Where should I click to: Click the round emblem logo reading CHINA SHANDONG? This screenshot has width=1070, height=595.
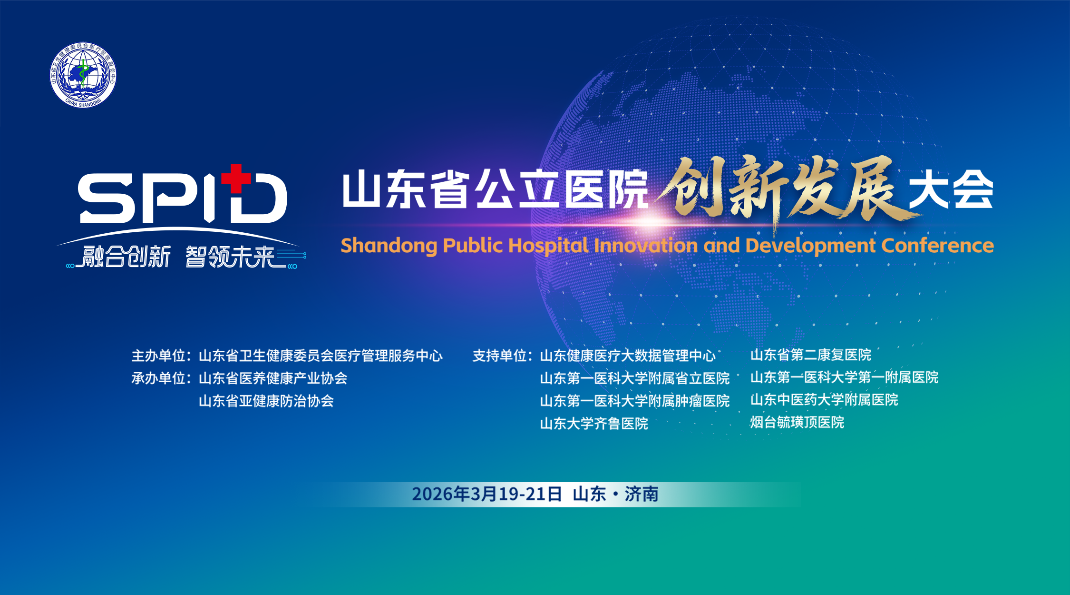point(83,75)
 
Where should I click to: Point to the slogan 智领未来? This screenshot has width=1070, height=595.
point(231,257)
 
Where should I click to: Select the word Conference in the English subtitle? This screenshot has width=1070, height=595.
point(937,246)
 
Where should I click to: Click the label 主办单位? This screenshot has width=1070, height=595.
point(159,356)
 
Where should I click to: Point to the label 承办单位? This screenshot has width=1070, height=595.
point(159,378)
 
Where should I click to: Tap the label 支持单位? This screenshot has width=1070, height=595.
point(500,356)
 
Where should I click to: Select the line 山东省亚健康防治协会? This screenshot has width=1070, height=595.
point(266,401)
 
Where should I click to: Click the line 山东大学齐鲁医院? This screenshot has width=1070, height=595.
point(594,423)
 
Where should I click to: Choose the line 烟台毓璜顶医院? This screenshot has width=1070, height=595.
point(797,422)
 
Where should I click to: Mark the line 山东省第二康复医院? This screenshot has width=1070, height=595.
point(811,355)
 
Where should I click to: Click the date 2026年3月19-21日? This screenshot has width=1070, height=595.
point(487,494)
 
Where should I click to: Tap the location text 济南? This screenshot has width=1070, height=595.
point(642,494)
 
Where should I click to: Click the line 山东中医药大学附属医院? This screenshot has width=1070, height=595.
point(824,399)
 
